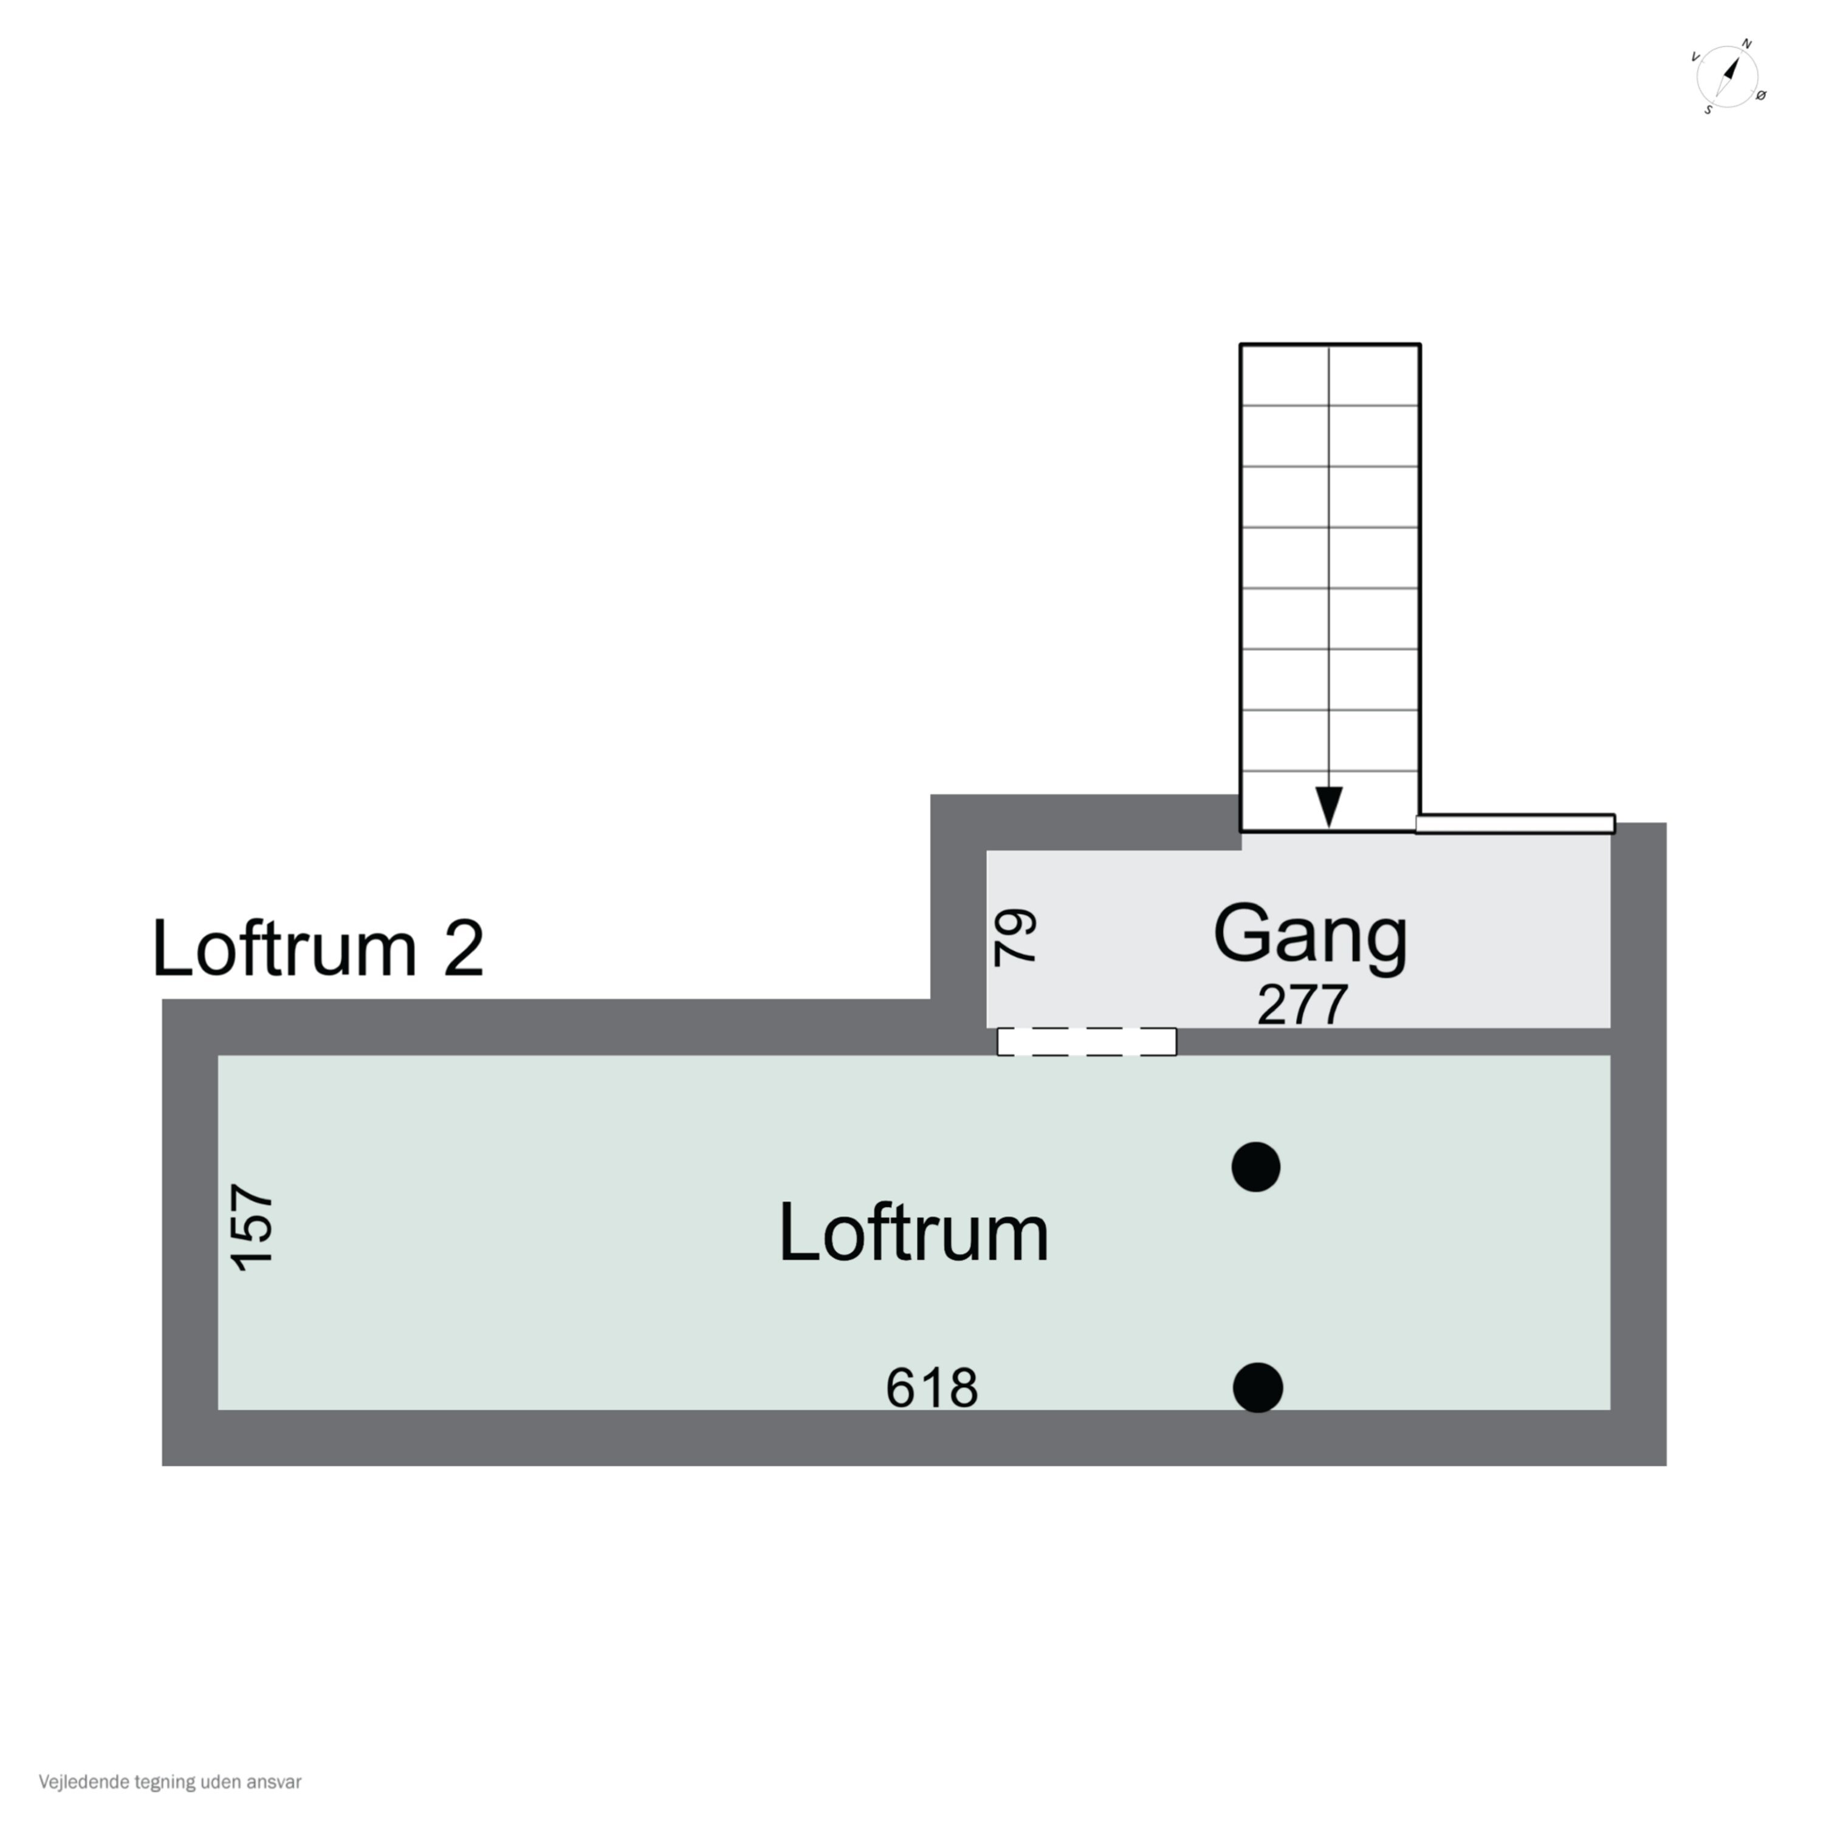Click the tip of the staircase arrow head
point(1328,828)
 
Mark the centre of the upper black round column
point(1256,1167)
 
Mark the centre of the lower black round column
point(1258,1388)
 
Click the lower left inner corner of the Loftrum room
point(219,1410)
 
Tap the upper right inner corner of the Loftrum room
point(1610,1056)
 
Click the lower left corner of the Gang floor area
point(987,1028)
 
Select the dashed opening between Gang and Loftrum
point(1087,1042)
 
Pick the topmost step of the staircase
point(1330,376)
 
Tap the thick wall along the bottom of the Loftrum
point(915,1437)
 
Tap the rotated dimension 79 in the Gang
point(1015,937)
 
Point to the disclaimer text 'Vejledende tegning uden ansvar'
point(170,1782)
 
